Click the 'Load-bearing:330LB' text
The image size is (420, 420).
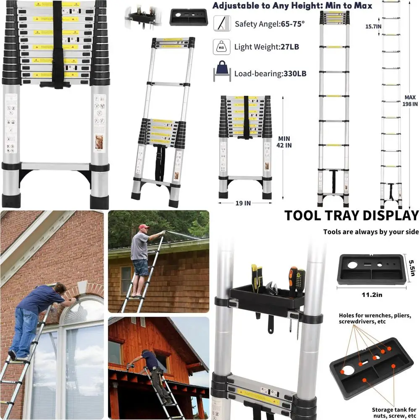pyautogui.click(x=270, y=73)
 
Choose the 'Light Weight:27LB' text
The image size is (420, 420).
pyautogui.click(x=267, y=47)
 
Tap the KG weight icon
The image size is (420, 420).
pyautogui.click(x=221, y=46)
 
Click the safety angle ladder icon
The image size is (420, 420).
pyautogui.click(x=221, y=23)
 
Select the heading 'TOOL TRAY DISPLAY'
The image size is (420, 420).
pyautogui.click(x=352, y=215)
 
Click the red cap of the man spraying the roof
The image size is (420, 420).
pyautogui.click(x=144, y=227)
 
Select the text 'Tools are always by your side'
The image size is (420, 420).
pyautogui.click(x=371, y=232)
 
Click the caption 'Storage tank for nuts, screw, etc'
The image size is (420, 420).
pyautogui.click(x=394, y=413)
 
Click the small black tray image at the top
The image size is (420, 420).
pyautogui.click(x=188, y=17)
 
